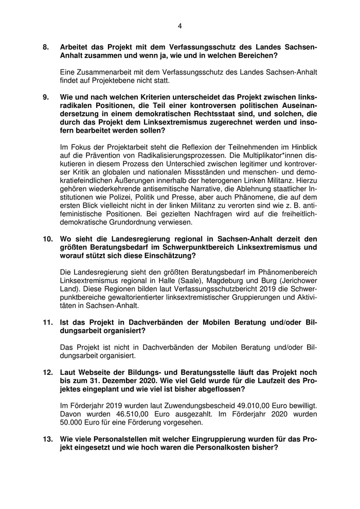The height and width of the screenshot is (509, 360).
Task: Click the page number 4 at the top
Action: [180, 26]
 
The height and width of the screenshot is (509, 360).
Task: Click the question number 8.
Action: [46, 47]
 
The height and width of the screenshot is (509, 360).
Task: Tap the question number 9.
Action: [46, 97]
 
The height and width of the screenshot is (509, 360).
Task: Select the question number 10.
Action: [47, 238]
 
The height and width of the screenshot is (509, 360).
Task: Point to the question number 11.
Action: [47, 322]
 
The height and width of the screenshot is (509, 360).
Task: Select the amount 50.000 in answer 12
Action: [74, 422]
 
